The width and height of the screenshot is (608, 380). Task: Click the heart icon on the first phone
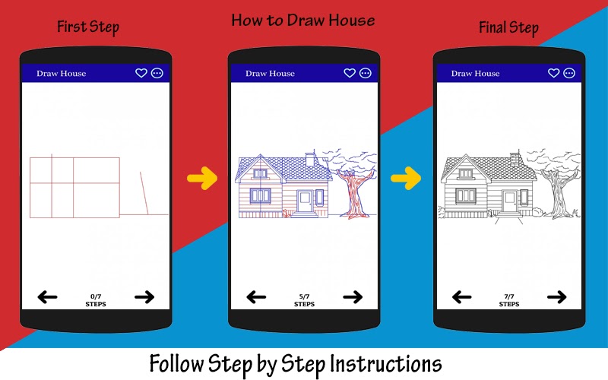141,73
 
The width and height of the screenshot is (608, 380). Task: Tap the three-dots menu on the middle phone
366,73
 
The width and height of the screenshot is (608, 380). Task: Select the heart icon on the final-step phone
553,73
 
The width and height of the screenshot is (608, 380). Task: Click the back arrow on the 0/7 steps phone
47,297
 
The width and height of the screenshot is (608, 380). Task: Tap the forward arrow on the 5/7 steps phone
353,297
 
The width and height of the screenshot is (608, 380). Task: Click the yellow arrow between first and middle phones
202,179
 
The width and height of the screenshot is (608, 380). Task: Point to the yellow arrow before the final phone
406,179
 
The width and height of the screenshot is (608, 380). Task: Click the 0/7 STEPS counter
96,300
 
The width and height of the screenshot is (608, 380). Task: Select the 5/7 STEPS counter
305,300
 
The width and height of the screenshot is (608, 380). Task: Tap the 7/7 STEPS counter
509,300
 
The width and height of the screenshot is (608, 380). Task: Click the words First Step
88,27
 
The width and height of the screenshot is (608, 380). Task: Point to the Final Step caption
508,27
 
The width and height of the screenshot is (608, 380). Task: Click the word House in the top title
352,21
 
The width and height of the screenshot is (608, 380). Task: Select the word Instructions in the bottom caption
386,364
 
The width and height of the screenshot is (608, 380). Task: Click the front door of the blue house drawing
305,201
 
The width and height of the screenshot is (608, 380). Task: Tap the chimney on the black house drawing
515,159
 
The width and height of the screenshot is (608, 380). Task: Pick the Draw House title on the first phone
62,73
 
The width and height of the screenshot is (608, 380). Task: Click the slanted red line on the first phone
144,193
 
